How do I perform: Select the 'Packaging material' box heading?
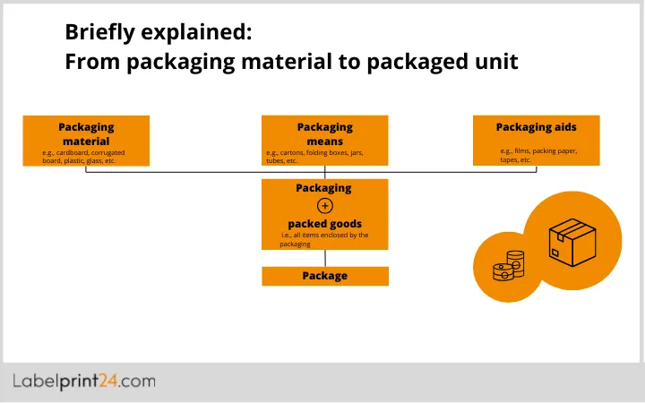pos(86,134)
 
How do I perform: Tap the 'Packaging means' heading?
pos(324,134)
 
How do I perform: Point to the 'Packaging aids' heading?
pos(536,128)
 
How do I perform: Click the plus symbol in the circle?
pos(325,206)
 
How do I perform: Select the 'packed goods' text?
pos(324,223)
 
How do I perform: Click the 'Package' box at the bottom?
pos(324,276)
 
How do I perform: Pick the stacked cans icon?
pos(507,267)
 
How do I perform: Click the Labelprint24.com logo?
pos(84,382)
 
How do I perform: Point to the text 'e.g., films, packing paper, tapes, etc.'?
pos(538,155)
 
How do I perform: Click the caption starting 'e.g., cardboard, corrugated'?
pos(83,157)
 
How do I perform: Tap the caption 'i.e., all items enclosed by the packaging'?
pos(323,239)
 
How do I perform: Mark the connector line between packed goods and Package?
pos(325,257)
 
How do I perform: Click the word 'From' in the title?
pos(92,63)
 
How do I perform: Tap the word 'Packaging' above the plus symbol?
pos(323,189)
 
